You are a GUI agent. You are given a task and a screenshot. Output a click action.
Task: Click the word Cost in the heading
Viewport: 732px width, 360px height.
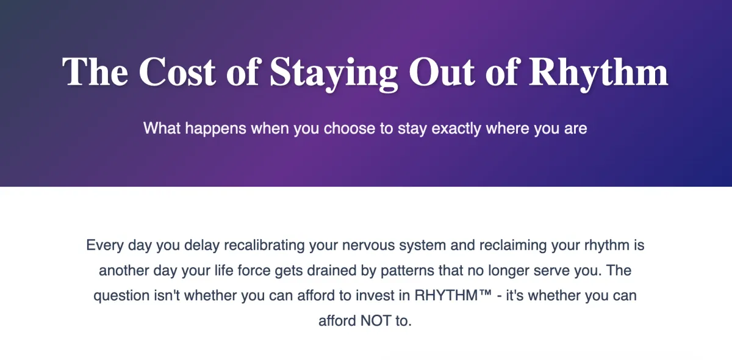pyautogui.click(x=177, y=72)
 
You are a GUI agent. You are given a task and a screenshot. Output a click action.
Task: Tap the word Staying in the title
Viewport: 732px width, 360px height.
pyautogui.click(x=334, y=74)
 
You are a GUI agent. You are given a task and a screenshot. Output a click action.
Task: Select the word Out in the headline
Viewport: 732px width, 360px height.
pyautogui.click(x=442, y=72)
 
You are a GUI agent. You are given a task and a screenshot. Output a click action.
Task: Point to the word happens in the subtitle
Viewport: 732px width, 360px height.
pyautogui.click(x=216, y=129)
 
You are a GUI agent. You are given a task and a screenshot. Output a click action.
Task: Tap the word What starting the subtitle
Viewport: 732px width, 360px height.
pyautogui.click(x=162, y=128)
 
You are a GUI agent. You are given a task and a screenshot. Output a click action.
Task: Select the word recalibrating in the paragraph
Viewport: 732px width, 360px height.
pyautogui.click(x=264, y=245)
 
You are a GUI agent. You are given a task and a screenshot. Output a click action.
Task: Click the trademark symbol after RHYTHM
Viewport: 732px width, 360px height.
pyautogui.click(x=486, y=292)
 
